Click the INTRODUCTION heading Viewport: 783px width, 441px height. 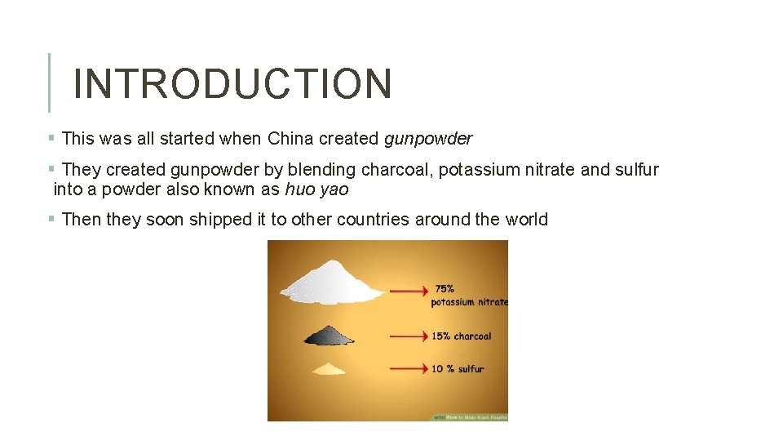pos(232,83)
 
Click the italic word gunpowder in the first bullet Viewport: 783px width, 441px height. pos(427,139)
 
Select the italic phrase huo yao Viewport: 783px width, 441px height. pos(316,190)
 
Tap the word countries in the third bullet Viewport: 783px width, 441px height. pos(374,219)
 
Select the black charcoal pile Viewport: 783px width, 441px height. pos(329,335)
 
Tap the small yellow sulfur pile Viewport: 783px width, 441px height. pos(329,369)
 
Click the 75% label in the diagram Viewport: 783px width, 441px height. pos(445,289)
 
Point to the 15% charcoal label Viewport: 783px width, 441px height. pos(461,336)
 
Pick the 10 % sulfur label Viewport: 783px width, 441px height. pos(458,369)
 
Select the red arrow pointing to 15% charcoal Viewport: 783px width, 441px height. pos(409,335)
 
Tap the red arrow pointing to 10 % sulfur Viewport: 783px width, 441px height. pos(409,368)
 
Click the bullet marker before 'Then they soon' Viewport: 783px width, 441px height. pos(51,218)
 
